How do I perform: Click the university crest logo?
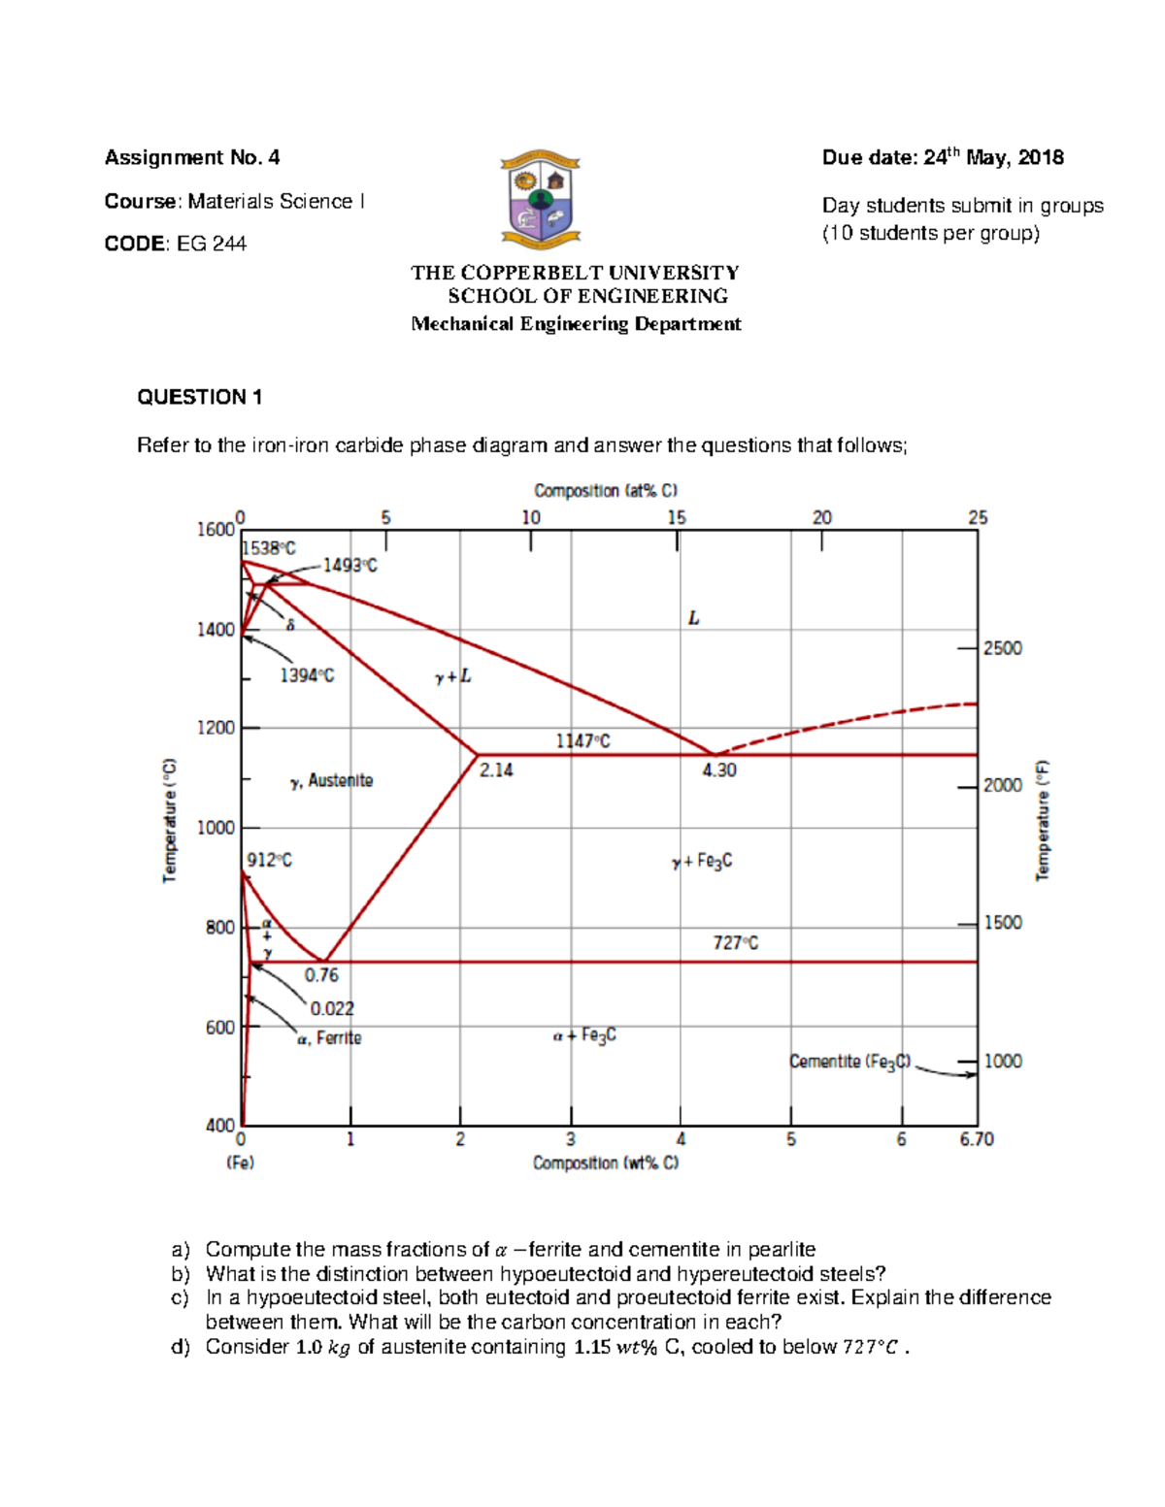coord(541,199)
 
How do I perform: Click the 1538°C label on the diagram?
coord(269,547)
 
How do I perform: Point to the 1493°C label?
coord(349,565)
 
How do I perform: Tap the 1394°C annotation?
coord(307,675)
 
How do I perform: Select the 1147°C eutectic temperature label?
coord(582,741)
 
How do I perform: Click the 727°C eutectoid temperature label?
coord(736,942)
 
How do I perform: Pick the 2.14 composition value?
coord(496,770)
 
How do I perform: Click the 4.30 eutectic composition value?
coord(719,770)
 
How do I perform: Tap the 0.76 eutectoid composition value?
coord(321,975)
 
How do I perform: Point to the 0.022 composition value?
coord(332,1009)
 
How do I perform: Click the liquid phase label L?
coord(693,618)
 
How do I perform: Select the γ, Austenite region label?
coord(331,781)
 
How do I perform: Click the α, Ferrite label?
coord(329,1038)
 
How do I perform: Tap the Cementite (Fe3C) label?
coord(850,1062)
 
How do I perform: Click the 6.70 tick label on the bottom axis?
coord(977,1139)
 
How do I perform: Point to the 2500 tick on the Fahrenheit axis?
coord(1002,648)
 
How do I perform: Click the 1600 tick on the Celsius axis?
coord(216,529)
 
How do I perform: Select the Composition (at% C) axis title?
coord(606,491)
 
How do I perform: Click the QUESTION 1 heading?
coord(200,397)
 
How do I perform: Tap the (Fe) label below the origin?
coord(240,1163)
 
